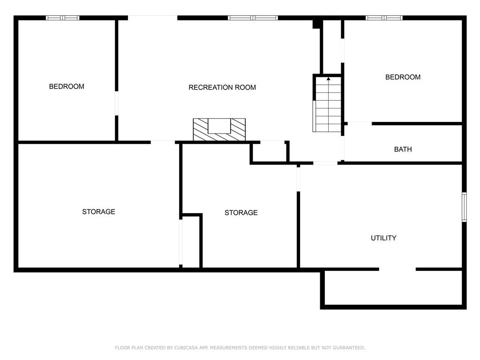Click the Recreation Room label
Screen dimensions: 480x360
coord(222,88)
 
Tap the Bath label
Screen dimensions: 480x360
coord(403,150)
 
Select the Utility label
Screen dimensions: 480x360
coord(383,238)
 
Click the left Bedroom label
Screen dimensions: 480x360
coord(67,87)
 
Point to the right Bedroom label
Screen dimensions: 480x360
coord(403,77)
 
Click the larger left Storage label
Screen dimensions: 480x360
coord(98,211)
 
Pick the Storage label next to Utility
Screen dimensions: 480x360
coord(241,212)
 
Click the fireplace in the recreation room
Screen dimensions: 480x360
coord(219,129)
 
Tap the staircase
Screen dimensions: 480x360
coord(327,105)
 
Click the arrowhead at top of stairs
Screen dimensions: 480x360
coord(329,79)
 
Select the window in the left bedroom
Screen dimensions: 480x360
coord(62,18)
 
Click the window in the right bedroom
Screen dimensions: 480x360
coord(384,18)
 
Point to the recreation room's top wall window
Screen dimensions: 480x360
coord(253,18)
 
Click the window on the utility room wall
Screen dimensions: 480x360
coord(464,207)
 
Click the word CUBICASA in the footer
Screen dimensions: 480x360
coord(186,348)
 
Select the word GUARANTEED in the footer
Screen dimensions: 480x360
coord(349,348)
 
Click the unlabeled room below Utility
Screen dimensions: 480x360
coord(393,288)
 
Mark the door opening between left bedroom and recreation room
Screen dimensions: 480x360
coord(116,103)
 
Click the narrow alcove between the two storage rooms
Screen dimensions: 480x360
coord(191,241)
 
